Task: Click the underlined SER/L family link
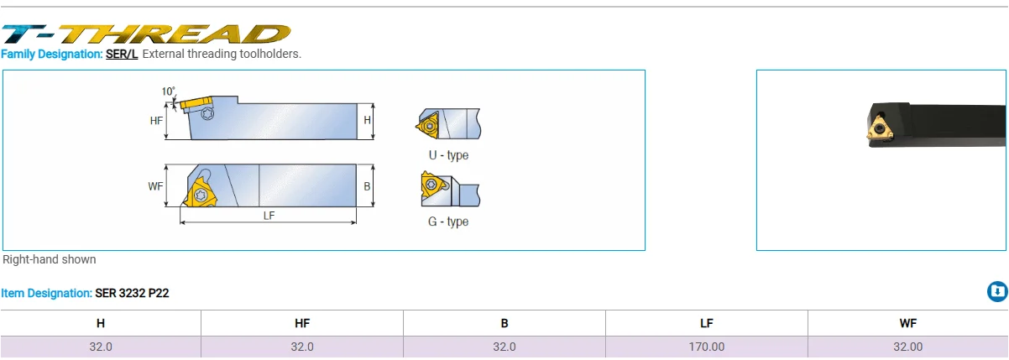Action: click(122, 54)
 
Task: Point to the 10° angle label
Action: click(169, 91)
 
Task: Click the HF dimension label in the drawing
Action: click(156, 121)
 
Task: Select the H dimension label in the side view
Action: click(367, 121)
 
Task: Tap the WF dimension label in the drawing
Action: click(155, 186)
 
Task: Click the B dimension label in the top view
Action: click(367, 186)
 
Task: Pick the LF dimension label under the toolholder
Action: click(269, 216)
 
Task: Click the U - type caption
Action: click(448, 155)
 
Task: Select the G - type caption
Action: click(448, 222)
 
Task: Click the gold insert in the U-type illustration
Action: click(427, 125)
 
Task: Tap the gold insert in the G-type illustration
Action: click(431, 188)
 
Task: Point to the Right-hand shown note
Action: click(50, 259)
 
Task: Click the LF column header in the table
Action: click(706, 323)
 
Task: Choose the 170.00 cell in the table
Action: click(706, 347)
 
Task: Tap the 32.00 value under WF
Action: click(907, 347)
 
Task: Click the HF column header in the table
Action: click(302, 323)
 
